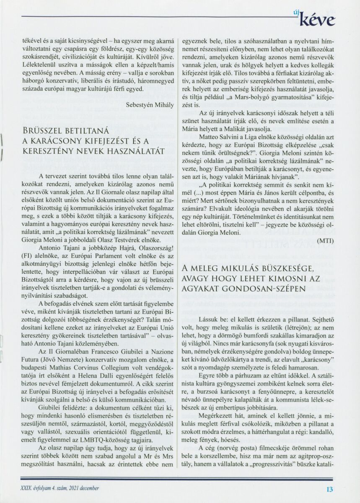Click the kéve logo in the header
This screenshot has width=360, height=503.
[321, 19]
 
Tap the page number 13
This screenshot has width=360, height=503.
[329, 488]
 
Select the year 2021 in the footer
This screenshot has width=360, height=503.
[74, 488]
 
